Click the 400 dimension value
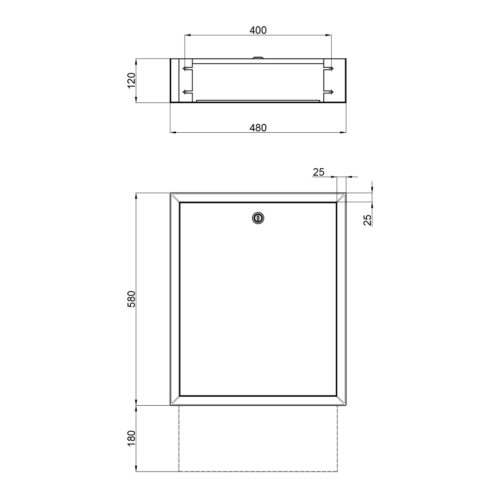click(258, 30)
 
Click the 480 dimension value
click(258, 128)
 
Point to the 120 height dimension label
click(131, 80)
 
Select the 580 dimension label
click(131, 298)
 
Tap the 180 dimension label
click(131, 438)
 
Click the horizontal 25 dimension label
click(318, 172)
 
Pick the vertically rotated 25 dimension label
click(368, 220)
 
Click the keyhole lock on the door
click(258, 219)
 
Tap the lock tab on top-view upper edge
click(258, 57)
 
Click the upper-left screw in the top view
click(187, 68)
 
